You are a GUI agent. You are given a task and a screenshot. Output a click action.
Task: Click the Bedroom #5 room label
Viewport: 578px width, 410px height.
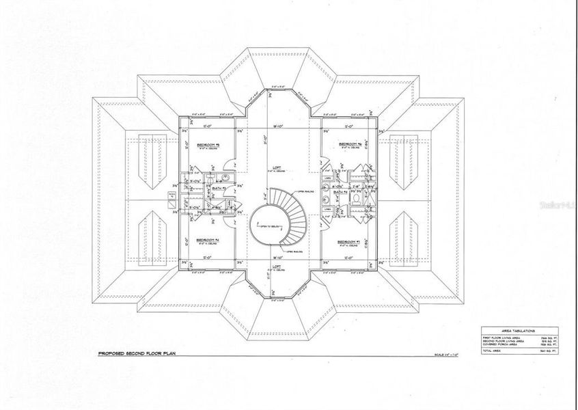tap(207, 145)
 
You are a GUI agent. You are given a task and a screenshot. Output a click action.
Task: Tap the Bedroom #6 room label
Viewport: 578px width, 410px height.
tap(350, 144)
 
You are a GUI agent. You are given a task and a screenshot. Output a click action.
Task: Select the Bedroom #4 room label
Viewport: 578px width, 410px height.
tap(207, 241)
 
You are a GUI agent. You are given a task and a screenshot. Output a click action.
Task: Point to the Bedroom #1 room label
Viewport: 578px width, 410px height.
tap(349, 241)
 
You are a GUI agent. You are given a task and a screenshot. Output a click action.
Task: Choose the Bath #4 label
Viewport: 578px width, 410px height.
tap(337, 193)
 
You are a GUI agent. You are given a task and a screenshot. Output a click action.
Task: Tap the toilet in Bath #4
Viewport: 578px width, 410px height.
tap(357, 207)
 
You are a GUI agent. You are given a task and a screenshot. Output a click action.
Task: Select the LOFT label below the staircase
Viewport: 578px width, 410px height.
tap(277, 265)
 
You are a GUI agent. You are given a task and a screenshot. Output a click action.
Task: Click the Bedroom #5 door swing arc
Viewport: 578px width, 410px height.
tap(230, 163)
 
